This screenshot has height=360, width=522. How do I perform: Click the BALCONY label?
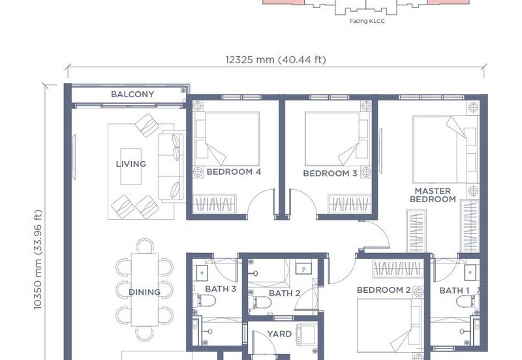[x=132, y=95]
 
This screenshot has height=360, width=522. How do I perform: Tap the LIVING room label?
[x=131, y=164]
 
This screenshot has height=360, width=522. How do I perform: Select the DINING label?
[x=144, y=292]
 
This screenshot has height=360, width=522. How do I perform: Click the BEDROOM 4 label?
[x=234, y=172]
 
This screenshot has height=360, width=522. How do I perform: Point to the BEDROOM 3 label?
[x=330, y=173]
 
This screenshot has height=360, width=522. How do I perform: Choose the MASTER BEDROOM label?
[x=433, y=195]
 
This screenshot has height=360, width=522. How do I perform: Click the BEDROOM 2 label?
[x=384, y=290]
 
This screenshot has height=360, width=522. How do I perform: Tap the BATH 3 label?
[x=221, y=289]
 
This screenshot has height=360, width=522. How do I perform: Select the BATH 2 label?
[x=284, y=293]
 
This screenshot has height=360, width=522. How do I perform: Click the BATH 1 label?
[x=454, y=291]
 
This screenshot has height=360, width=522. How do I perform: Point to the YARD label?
[x=279, y=334]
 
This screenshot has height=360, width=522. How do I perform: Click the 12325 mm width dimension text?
[x=275, y=60]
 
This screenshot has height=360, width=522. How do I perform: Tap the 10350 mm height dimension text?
[x=38, y=260]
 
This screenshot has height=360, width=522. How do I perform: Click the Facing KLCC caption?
[x=367, y=21]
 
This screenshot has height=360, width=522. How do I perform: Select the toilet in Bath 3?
[x=206, y=301]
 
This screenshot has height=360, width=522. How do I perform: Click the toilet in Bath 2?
[x=260, y=303]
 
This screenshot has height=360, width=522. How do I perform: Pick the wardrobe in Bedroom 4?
[x=215, y=204]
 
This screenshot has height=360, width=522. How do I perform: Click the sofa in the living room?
[x=171, y=167]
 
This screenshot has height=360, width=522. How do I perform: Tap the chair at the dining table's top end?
[x=145, y=246]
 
